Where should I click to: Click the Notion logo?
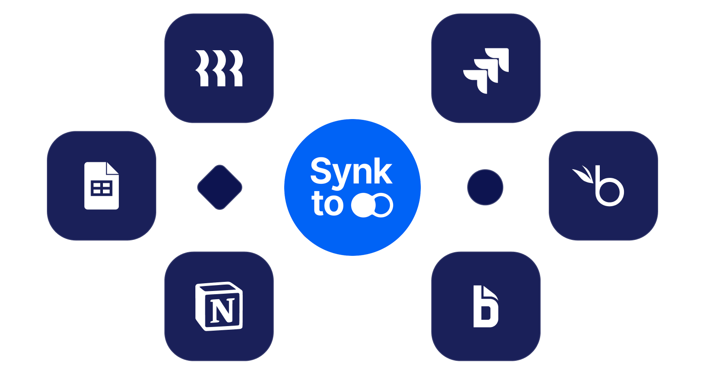[x=219, y=306]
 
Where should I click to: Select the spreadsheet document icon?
[x=102, y=186]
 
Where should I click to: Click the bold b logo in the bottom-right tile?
[x=485, y=306]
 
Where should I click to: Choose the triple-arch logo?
[x=219, y=68]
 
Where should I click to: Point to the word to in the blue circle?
[x=327, y=204]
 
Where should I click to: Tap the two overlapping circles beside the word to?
[x=372, y=205]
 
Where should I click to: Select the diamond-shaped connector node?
[x=220, y=187]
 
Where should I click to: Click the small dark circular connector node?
[x=485, y=187]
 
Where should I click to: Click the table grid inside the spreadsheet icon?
[x=102, y=188]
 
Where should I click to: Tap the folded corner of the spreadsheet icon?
[x=112, y=168]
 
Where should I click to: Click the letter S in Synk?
[x=321, y=170]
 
